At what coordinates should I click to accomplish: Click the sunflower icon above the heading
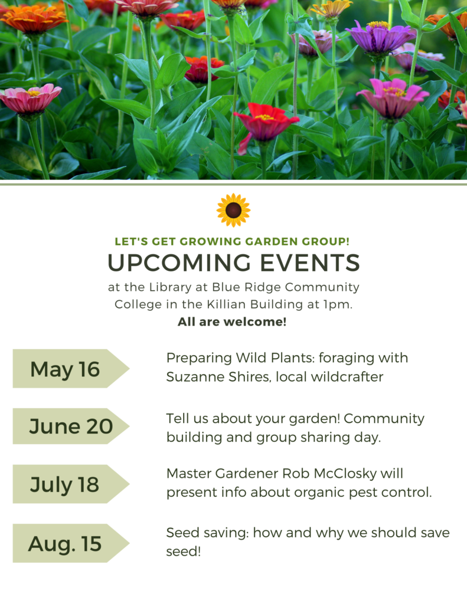(x=233, y=210)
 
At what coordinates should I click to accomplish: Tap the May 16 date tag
(x=71, y=369)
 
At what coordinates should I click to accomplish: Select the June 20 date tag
(x=71, y=426)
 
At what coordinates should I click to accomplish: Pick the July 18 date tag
(x=71, y=484)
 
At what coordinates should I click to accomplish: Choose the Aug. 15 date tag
(x=71, y=543)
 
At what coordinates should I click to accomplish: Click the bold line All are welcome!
(x=232, y=321)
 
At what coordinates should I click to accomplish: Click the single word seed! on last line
(x=184, y=552)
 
